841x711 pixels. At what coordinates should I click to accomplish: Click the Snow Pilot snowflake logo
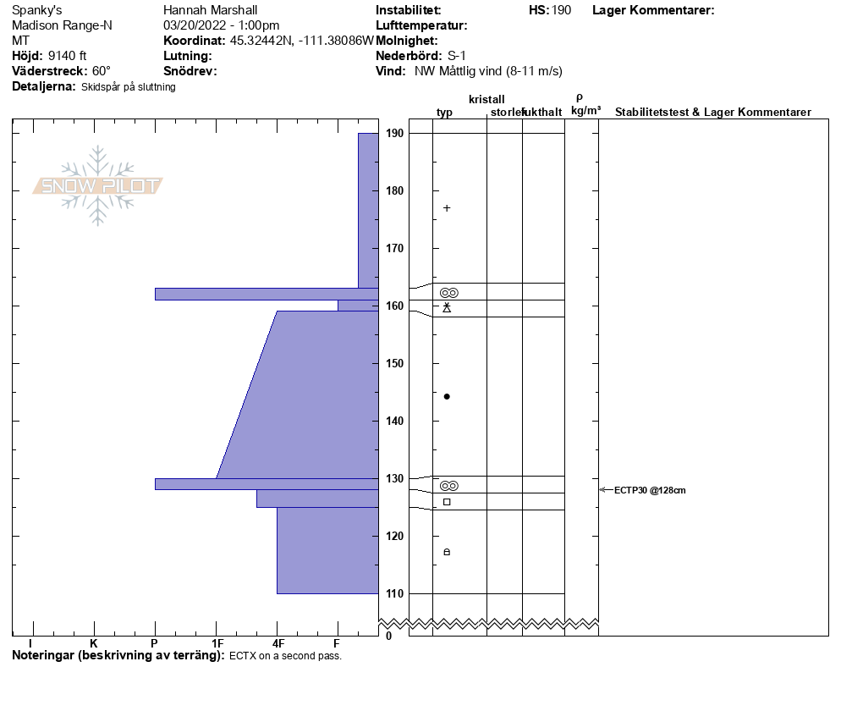pos(97,185)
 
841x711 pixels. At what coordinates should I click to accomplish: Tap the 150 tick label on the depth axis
pos(394,363)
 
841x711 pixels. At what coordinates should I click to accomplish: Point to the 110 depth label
pos(394,593)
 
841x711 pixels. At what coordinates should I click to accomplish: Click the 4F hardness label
pos(278,643)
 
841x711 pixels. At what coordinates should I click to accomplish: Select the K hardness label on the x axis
pos(94,643)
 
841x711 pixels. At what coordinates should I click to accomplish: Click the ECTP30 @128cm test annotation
pos(650,490)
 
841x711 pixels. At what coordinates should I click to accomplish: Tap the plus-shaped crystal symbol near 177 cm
pos(447,208)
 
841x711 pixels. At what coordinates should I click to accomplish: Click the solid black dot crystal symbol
pos(447,396)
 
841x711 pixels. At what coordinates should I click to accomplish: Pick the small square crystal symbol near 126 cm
pos(447,502)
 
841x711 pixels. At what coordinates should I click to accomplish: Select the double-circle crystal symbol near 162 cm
pos(449,293)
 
